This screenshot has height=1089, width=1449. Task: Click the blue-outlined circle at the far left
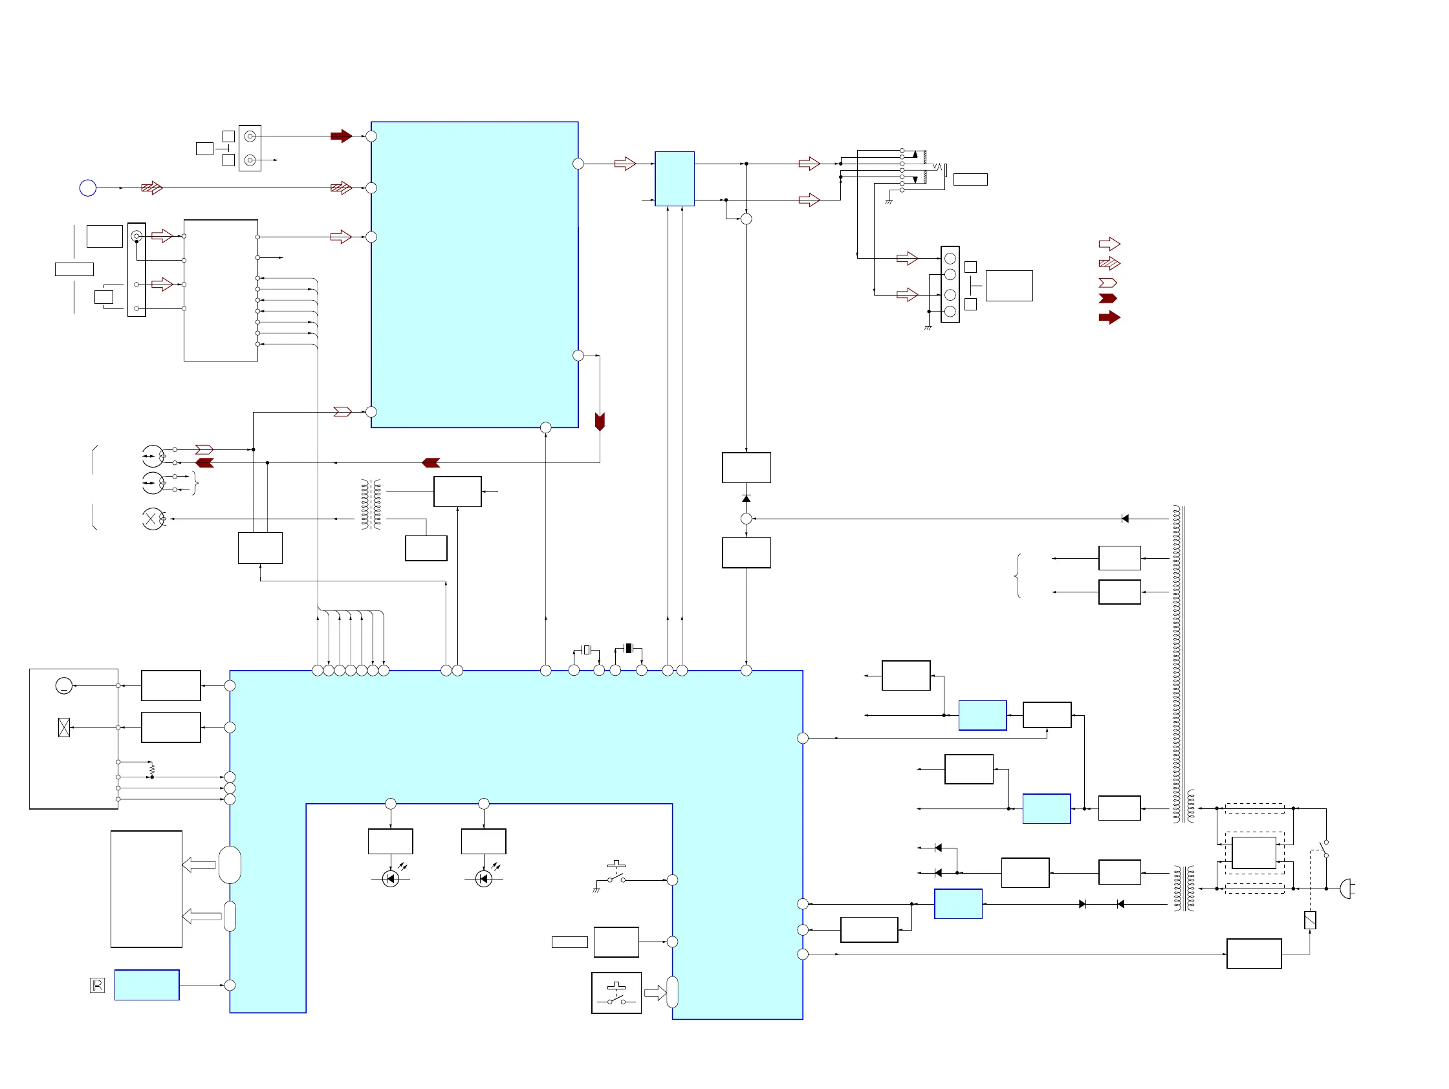click(x=88, y=189)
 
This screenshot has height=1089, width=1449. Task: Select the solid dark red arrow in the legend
click(x=1109, y=318)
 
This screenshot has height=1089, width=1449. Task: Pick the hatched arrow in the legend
click(x=1109, y=264)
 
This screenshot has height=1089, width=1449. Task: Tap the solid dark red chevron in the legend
click(x=1107, y=299)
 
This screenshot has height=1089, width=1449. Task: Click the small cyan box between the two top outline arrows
click(x=674, y=178)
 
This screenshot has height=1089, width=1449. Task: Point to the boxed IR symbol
click(x=97, y=985)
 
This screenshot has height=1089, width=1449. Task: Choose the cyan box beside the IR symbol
click(x=147, y=985)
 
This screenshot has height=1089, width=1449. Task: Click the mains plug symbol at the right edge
click(x=1345, y=889)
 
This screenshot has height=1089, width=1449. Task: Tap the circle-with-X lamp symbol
click(x=153, y=519)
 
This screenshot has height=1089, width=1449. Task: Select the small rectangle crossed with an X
click(x=64, y=728)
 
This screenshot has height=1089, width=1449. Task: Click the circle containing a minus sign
click(x=63, y=685)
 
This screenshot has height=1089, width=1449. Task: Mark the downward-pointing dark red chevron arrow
click(x=600, y=421)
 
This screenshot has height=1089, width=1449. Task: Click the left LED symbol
click(x=391, y=879)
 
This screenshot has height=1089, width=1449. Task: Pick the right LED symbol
click(x=483, y=879)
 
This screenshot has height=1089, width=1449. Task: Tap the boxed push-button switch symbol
click(x=616, y=993)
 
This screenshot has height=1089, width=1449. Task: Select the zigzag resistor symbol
click(x=152, y=769)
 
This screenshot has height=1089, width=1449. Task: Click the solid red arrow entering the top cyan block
click(x=342, y=136)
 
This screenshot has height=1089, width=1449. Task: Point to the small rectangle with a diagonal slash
click(x=1310, y=920)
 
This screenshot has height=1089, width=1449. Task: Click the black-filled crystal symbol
click(x=628, y=649)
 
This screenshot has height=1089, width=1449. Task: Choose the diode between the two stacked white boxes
click(x=746, y=499)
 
